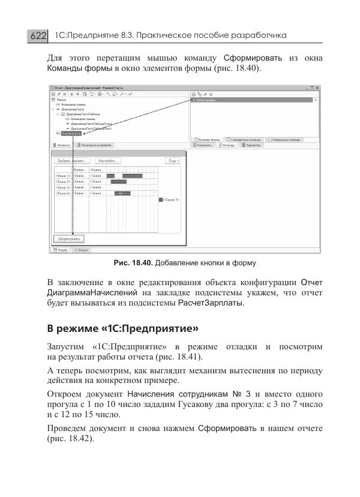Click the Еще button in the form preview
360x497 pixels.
(x=173, y=161)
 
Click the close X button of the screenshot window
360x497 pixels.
(x=318, y=88)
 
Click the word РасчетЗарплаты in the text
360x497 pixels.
(x=210, y=304)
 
